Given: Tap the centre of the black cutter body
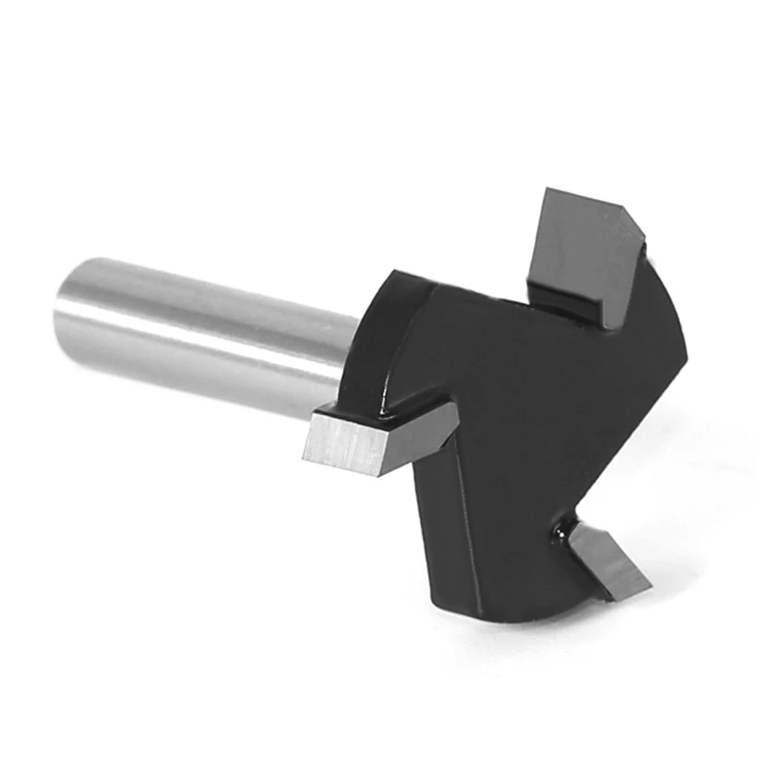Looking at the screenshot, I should click(x=517, y=415).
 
